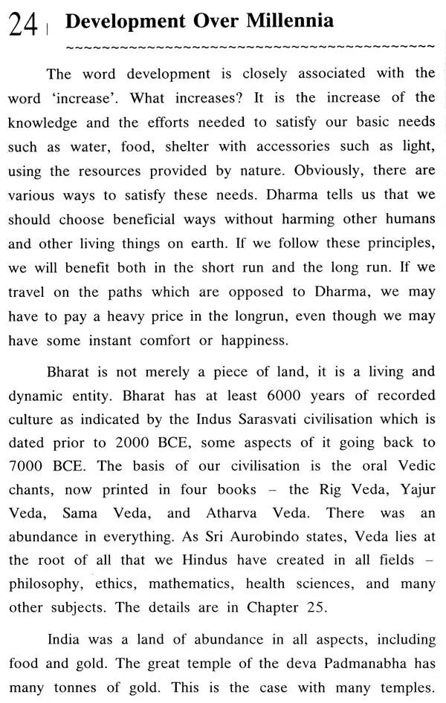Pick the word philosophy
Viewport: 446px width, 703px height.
coord(45,583)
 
